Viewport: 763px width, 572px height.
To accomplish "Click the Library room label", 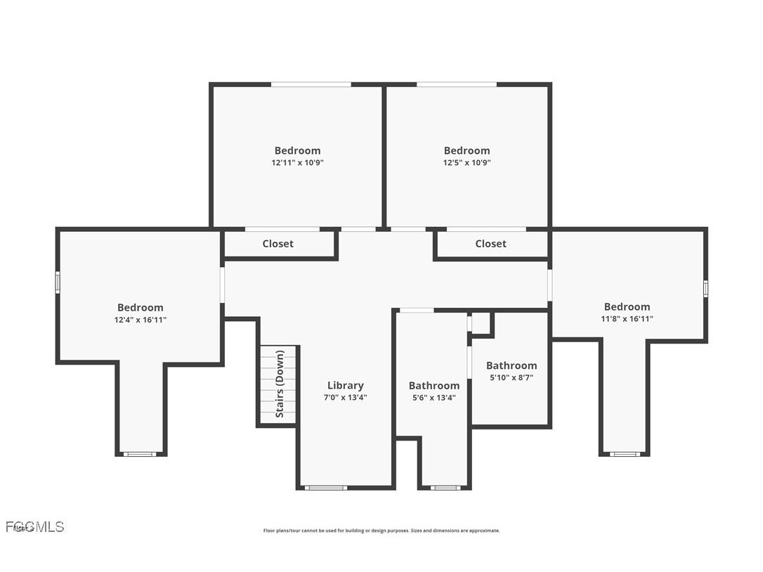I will pyautogui.click(x=345, y=385).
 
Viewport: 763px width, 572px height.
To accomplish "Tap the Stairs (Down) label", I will pyautogui.click(x=280, y=384).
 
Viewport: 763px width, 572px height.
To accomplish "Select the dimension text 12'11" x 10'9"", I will pyautogui.click(x=297, y=162).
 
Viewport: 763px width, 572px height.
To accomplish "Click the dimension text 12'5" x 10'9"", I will pyautogui.click(x=467, y=162).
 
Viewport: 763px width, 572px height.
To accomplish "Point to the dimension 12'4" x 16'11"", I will pyautogui.click(x=140, y=320).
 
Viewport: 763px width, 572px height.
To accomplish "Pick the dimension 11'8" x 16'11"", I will pyautogui.click(x=627, y=319).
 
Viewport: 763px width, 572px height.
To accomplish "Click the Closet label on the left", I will pyautogui.click(x=278, y=244).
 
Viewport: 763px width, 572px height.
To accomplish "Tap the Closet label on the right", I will pyautogui.click(x=490, y=244).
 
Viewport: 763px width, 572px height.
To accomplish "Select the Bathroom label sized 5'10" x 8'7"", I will pyautogui.click(x=511, y=365).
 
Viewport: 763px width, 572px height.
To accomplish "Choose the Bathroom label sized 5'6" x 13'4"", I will pyautogui.click(x=433, y=386).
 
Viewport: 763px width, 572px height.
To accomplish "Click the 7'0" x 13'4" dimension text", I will pyautogui.click(x=345, y=397).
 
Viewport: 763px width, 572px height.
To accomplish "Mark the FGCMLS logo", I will pyautogui.click(x=34, y=526).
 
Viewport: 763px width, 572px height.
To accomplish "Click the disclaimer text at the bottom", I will pyautogui.click(x=381, y=531).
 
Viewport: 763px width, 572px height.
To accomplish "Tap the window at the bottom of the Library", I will pyautogui.click(x=325, y=487).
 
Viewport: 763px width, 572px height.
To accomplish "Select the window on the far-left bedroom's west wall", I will pyautogui.click(x=58, y=282).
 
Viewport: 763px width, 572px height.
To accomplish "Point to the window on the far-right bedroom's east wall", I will pyautogui.click(x=705, y=288).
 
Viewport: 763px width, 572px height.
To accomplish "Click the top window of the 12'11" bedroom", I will pyautogui.click(x=311, y=84).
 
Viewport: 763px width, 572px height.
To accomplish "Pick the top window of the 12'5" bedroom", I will pyautogui.click(x=456, y=84).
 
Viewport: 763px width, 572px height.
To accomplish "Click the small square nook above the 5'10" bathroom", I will pyautogui.click(x=481, y=323).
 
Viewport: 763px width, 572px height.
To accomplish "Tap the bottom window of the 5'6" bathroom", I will pyautogui.click(x=445, y=487).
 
